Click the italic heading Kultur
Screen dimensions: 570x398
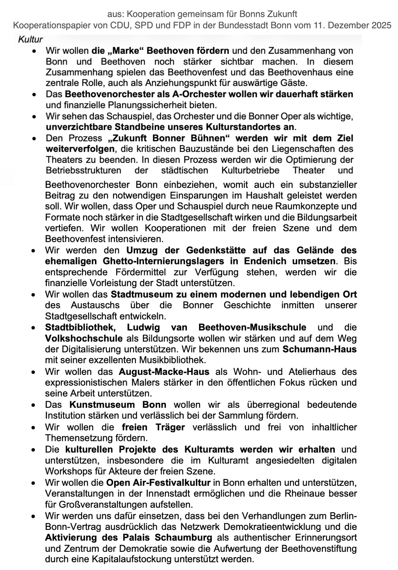30,39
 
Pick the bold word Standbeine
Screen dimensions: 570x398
136,127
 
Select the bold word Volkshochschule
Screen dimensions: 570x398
84,339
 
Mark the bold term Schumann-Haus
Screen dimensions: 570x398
319,349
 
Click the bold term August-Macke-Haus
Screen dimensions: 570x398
164,372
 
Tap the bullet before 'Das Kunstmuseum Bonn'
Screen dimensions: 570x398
33,405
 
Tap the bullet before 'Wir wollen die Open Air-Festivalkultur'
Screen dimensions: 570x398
33,483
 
